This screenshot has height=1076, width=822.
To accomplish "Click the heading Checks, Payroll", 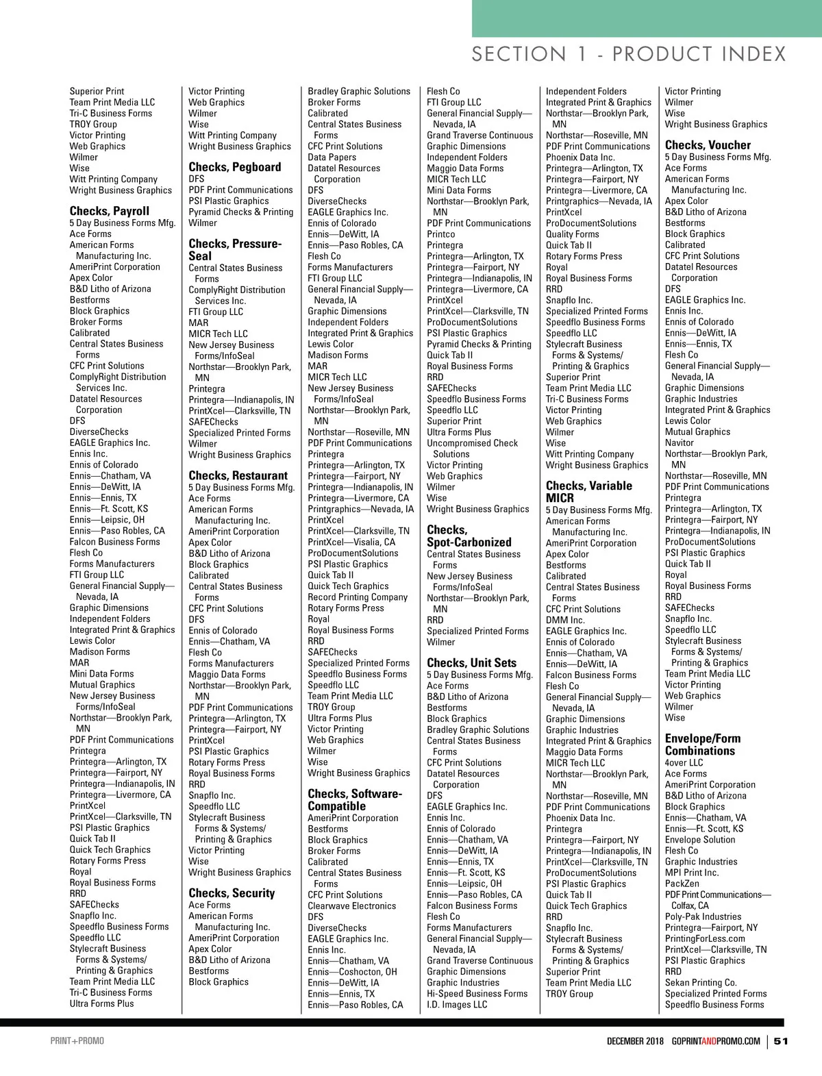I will [110, 211].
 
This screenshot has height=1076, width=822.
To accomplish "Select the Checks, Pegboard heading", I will [235, 167].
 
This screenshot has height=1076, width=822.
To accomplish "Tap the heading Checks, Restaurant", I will [238, 475].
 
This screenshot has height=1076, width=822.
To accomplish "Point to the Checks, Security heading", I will [232, 893].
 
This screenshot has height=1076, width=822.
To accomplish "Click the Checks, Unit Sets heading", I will [471, 663].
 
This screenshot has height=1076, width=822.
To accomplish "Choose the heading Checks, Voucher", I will [708, 145].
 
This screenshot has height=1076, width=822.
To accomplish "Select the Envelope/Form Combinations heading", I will [703, 745].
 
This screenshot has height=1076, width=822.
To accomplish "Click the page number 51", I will [781, 1041].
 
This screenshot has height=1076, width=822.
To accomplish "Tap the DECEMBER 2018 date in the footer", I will [635, 1041].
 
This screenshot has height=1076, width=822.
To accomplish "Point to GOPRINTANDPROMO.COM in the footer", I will [716, 1041].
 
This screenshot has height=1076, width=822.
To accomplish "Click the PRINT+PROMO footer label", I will [77, 1041].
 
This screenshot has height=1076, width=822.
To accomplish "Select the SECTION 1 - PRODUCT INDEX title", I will [629, 54].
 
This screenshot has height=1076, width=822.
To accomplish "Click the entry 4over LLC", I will [684, 763].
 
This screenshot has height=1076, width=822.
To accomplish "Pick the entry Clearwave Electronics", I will [352, 905].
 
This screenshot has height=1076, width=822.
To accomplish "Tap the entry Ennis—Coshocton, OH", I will [352, 971].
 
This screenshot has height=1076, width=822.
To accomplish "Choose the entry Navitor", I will [680, 442].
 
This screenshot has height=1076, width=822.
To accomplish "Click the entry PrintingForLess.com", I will [705, 938].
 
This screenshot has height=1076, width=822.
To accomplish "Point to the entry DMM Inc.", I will [565, 620].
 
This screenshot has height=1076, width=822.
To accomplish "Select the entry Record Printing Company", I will [358, 597].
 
